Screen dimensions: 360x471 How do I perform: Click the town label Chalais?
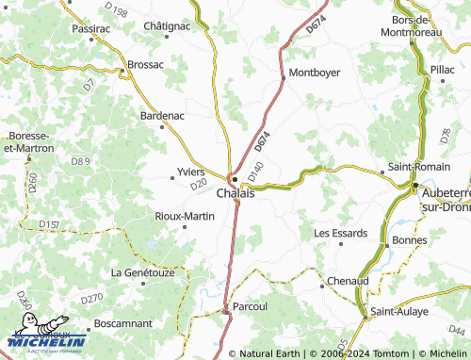coord(235,193)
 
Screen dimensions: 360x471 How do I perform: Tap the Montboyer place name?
coord(314,73)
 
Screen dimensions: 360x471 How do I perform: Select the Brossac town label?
coord(145,65)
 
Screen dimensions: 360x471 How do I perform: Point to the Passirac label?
coord(90,29)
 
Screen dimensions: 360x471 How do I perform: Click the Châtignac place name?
coord(167,26)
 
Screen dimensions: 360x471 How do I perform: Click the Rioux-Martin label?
coord(185,216)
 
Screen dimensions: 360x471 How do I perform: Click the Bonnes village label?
coord(409,240)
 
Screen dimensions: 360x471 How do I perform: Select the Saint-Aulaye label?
coord(399,311)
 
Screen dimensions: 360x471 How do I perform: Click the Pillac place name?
coord(442,70)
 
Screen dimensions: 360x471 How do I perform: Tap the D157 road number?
coord(50,224)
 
